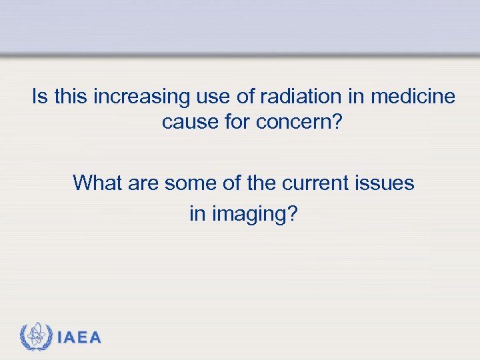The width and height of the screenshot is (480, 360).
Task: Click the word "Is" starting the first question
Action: pos(39,97)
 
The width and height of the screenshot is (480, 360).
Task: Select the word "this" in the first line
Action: pos(70,97)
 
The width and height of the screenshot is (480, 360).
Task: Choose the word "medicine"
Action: pos(413,97)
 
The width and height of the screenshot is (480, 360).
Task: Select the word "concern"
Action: pos(294,123)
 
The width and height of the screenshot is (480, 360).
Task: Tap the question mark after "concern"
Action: pos(335,123)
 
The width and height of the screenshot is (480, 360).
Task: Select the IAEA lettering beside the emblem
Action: pos(80,338)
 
